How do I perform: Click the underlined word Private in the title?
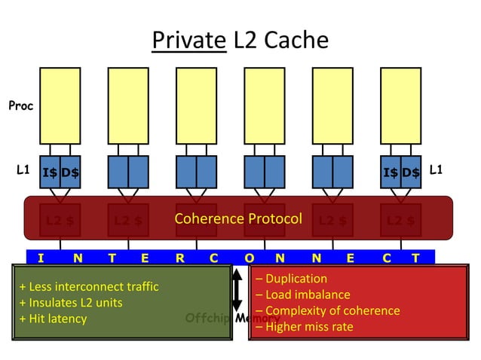pyautogui.click(x=188, y=40)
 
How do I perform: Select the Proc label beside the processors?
pyautogui.click(x=21, y=106)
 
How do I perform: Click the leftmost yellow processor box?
pyautogui.click(x=60, y=105)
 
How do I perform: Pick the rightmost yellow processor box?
pyautogui.click(x=400, y=105)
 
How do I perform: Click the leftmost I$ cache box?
pyautogui.click(x=50, y=172)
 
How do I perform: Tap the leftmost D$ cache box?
pyautogui.click(x=70, y=172)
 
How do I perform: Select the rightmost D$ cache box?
pyautogui.click(x=411, y=172)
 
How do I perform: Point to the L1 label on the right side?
pyautogui.click(x=436, y=171)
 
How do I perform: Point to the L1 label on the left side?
pyautogui.click(x=23, y=171)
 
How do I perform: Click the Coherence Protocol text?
pyautogui.click(x=237, y=219)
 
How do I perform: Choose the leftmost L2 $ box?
pyautogui.click(x=60, y=221)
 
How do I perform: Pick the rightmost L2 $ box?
pyautogui.click(x=400, y=221)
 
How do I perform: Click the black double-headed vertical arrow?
pyautogui.click(x=237, y=290)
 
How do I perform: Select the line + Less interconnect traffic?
pyautogui.click(x=89, y=287)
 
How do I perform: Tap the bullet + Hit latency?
pyautogui.click(x=53, y=319)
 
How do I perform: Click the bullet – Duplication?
pyautogui.click(x=291, y=279)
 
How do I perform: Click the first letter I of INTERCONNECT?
pyautogui.click(x=40, y=258)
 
